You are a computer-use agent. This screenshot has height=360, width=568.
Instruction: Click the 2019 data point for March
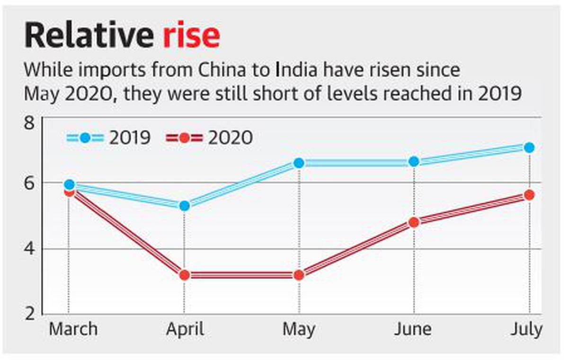[69, 184]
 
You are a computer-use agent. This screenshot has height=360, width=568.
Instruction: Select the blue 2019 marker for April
[184, 206]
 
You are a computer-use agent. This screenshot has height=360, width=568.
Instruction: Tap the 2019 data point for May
[299, 163]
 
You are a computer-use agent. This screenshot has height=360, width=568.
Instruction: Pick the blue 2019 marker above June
[414, 161]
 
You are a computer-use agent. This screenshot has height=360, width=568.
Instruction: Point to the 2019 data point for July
[529, 148]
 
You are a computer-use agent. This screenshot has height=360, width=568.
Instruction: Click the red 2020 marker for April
[184, 275]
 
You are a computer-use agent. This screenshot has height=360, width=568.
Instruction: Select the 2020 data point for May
[299, 275]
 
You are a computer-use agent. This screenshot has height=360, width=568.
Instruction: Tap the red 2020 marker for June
[414, 222]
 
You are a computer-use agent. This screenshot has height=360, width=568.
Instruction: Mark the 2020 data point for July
[529, 195]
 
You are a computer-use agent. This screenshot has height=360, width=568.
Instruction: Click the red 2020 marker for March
[69, 192]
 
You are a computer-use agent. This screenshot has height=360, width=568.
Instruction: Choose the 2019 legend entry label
[130, 138]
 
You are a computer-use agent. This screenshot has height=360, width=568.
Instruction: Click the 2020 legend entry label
[230, 138]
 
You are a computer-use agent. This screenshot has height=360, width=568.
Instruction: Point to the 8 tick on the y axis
[30, 124]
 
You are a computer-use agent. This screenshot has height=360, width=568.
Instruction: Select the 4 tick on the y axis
[30, 249]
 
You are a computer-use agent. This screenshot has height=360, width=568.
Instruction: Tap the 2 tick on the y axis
[30, 314]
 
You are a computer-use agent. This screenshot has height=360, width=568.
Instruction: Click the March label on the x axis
[73, 329]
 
